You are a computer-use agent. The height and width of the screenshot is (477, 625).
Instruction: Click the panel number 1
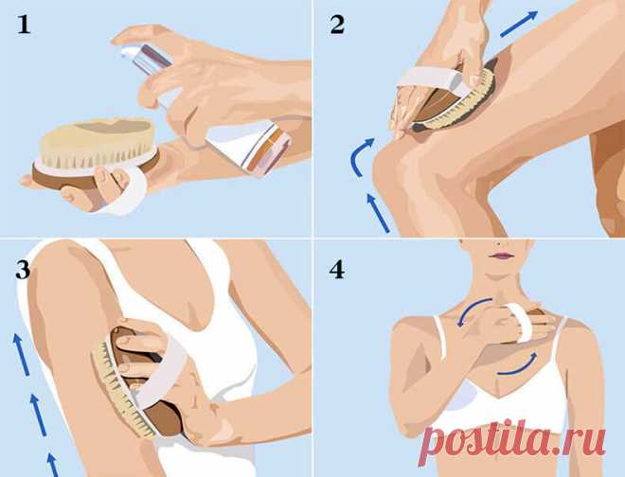click(x=24, y=25)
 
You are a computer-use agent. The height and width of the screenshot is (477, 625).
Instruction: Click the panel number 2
click(x=337, y=25)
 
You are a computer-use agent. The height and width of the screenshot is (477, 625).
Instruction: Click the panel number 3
click(x=23, y=269)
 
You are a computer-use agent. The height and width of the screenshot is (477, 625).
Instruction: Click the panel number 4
click(x=337, y=269)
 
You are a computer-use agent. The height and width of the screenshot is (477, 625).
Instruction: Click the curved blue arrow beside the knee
click(x=360, y=156)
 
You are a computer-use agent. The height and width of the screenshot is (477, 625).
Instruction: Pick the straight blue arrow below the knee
click(x=378, y=212)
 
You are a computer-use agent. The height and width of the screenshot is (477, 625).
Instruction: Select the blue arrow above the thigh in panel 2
click(x=519, y=24)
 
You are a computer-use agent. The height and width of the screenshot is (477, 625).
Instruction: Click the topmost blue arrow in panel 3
click(x=23, y=354)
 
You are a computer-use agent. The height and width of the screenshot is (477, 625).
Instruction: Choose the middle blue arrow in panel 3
click(x=39, y=415)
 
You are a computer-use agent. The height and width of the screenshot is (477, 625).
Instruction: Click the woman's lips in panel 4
click(x=502, y=256)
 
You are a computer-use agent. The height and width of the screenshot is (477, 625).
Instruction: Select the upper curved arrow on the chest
click(x=473, y=309)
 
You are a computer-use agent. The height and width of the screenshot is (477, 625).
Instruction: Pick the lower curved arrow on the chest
click(x=518, y=367)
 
